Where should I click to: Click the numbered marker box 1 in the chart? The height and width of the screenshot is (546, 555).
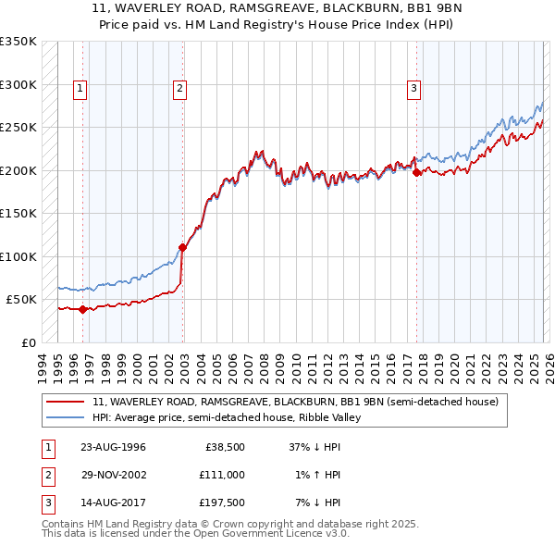80,89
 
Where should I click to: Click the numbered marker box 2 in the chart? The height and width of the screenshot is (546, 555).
179,89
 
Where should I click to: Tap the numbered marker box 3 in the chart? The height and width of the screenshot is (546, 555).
413,89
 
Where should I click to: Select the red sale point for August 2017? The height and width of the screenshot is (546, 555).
416,172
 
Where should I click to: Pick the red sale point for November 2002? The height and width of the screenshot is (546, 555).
182,247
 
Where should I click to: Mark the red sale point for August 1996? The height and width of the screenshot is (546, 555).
83,309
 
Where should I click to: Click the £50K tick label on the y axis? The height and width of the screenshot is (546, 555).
21,300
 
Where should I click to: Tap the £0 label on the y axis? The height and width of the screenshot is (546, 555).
28,342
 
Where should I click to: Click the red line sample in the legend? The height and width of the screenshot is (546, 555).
65,402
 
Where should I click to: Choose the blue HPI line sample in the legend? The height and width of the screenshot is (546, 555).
65,417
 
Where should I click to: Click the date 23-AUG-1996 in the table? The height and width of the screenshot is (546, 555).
113,447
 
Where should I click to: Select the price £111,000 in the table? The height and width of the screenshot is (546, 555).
222,475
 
